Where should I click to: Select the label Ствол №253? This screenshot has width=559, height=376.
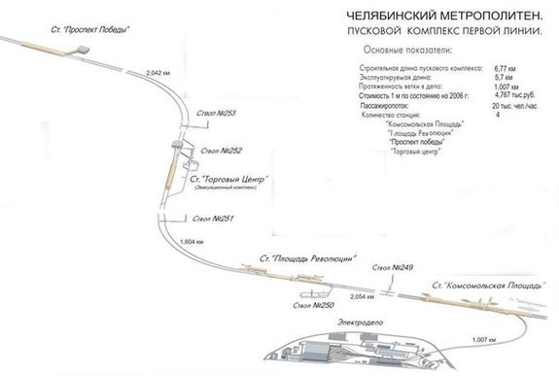215,113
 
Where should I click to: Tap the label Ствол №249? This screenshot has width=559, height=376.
394,266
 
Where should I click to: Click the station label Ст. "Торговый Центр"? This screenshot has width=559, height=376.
229,180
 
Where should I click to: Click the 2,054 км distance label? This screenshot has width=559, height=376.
363,294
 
